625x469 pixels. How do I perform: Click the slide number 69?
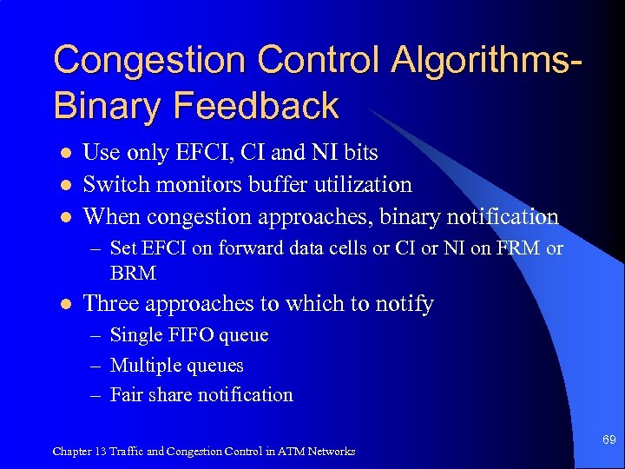pos(609,440)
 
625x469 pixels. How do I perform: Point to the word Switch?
pos(109,184)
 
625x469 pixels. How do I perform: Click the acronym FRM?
pos(518,249)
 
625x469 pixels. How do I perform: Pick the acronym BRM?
pos(133,273)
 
